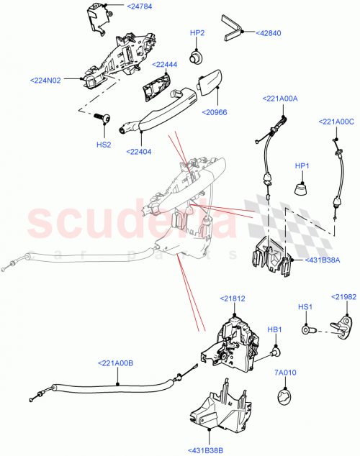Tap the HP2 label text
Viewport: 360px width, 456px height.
(x=197, y=33)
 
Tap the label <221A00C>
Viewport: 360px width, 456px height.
(x=336, y=122)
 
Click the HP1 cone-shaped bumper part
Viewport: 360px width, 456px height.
(x=301, y=190)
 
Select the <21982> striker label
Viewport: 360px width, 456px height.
(x=345, y=296)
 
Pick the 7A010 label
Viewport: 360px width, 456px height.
(x=284, y=373)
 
